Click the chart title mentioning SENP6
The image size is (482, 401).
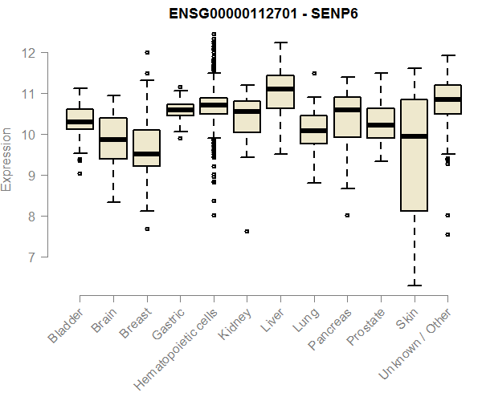[x=263, y=14]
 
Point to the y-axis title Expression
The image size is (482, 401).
[x=7, y=158]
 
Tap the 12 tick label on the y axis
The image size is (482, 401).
[x=29, y=53]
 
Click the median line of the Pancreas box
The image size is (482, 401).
[x=347, y=110]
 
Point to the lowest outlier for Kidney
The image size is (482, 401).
[x=247, y=231]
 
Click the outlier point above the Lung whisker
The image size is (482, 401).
[x=314, y=73]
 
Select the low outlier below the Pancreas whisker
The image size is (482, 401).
[x=347, y=215]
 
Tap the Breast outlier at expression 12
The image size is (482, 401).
[x=147, y=52]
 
